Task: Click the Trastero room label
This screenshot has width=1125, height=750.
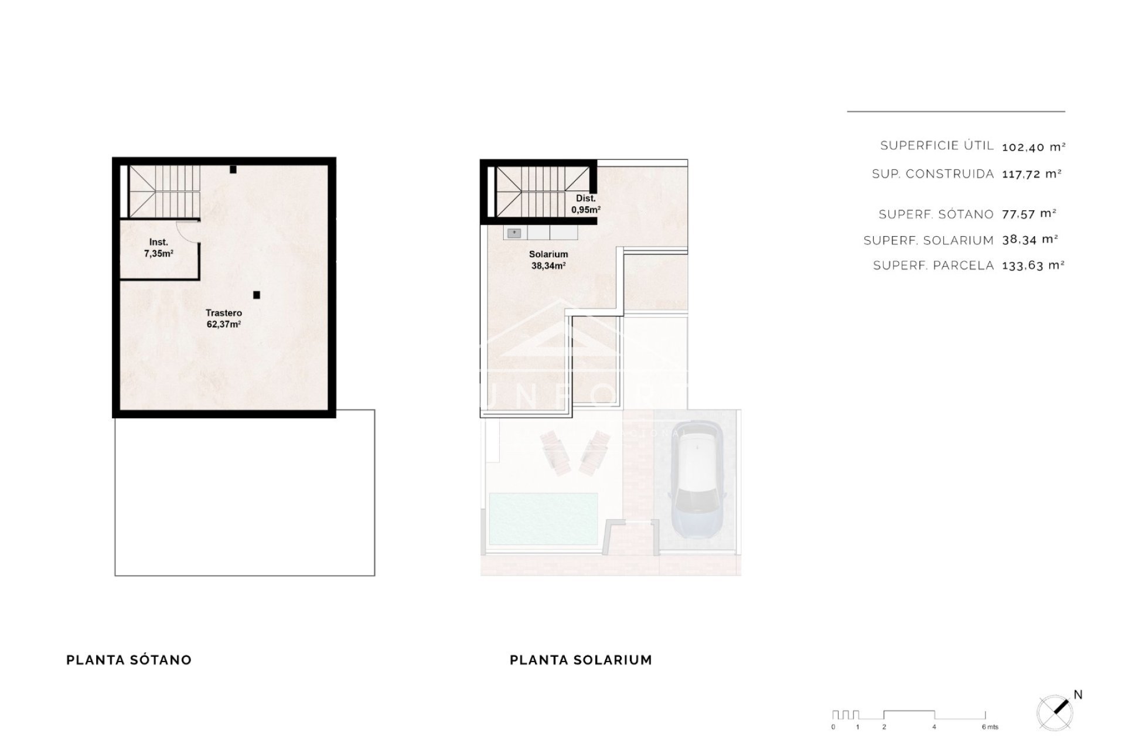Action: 224,318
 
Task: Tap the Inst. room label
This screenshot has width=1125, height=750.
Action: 158,248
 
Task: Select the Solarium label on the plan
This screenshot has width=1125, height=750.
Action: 548,260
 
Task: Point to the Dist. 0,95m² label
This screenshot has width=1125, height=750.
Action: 585,204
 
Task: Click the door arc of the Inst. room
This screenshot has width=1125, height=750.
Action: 189,231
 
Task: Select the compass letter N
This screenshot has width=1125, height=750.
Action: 1078,695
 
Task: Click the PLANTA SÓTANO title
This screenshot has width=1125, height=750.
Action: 129,660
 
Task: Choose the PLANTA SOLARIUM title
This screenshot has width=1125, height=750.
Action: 581,660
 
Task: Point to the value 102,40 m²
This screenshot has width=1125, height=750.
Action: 1033,147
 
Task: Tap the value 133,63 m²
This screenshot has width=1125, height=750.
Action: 1033,265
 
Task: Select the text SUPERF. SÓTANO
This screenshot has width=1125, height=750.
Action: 936,214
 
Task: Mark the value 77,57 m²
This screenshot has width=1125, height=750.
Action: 1029,214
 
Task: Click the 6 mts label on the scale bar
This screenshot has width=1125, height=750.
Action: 990,727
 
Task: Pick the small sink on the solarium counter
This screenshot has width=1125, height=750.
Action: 514,233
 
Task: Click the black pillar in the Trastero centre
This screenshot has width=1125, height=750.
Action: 257,295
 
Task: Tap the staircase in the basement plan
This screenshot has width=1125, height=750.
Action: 164,190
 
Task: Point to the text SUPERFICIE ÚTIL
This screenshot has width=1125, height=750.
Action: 936,146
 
